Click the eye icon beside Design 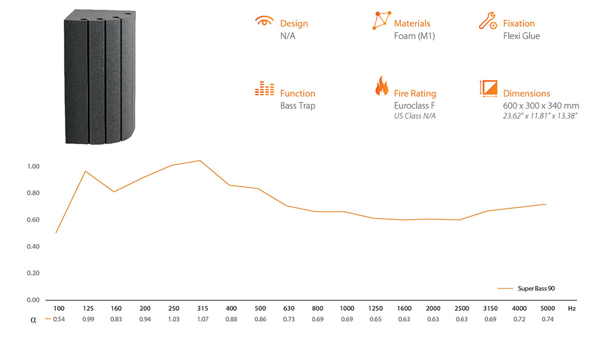265,21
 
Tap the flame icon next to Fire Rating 382,86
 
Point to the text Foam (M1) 414,36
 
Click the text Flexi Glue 522,36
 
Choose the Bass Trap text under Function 298,106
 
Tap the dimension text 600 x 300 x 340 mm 541,106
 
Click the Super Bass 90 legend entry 536,288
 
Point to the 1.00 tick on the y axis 33,166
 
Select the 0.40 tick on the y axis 33,246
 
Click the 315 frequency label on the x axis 202,308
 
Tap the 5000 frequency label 548,308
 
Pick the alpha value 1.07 202,319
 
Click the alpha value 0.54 59,319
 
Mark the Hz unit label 572,308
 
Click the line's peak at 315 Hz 200,161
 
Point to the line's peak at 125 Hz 86,171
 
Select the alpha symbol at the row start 33,320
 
